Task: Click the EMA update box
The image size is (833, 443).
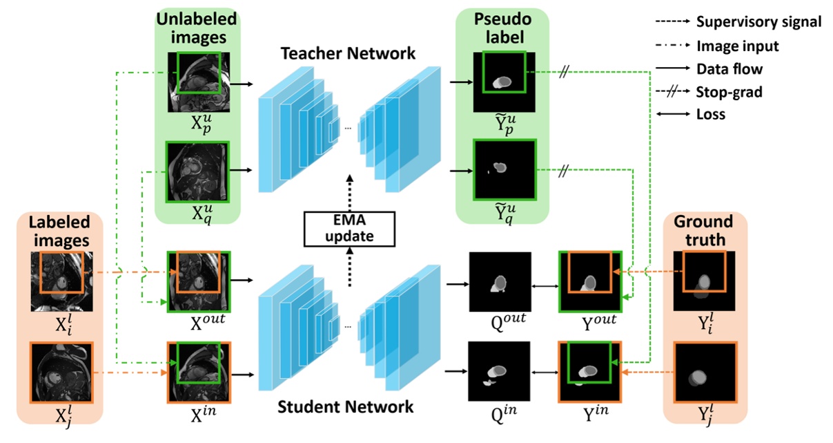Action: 348,228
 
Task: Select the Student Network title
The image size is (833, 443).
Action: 345,406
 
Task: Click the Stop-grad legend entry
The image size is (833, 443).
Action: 729,91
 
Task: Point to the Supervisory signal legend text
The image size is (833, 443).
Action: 758,21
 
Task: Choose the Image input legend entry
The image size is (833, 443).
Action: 737,46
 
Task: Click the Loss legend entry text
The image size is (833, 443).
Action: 711,114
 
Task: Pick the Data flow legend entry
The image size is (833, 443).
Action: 729,68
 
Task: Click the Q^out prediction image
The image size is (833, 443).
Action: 500,282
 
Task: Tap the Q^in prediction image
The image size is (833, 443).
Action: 500,372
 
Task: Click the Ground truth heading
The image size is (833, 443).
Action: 703,231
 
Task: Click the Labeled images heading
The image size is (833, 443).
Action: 59,231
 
